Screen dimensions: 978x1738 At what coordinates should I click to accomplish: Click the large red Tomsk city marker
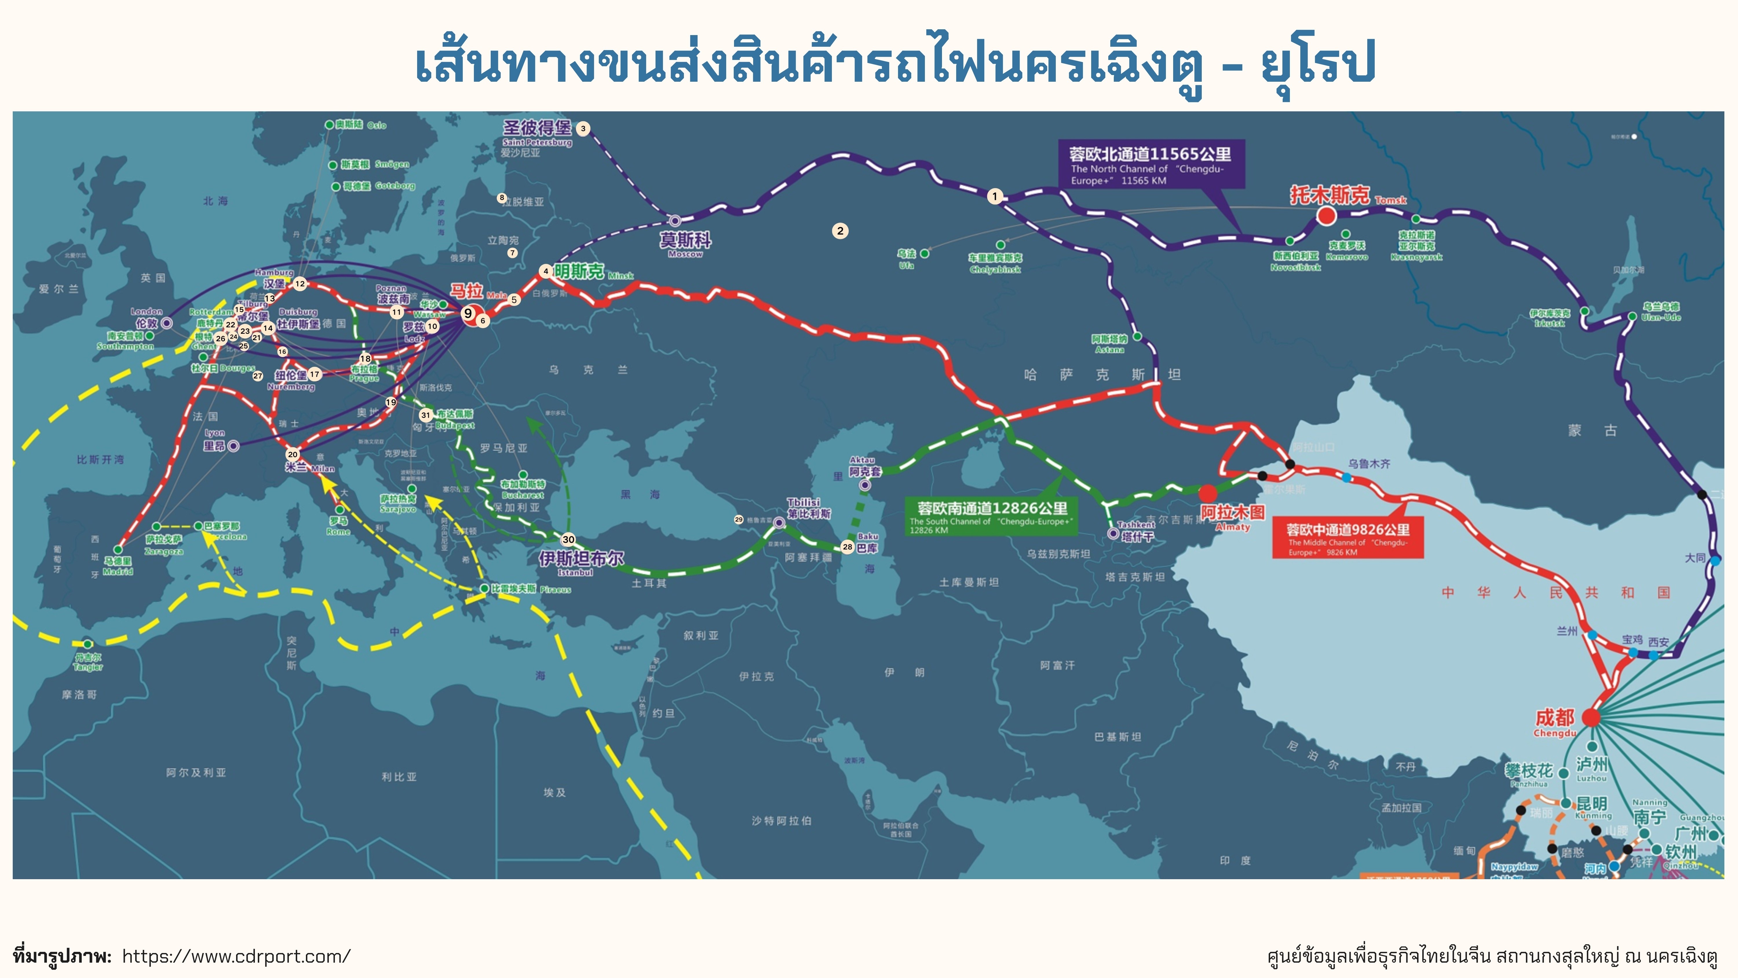[x=1326, y=216]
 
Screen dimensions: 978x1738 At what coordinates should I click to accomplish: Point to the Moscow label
[x=685, y=243]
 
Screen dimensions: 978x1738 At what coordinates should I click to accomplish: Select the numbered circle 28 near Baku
[x=847, y=547]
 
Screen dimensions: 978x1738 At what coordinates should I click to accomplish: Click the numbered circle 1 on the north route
[x=994, y=196]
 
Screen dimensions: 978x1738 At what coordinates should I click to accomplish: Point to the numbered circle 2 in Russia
[x=840, y=231]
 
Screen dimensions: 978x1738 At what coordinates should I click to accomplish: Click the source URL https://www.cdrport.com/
[x=236, y=956]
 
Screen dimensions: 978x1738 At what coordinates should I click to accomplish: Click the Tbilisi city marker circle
[x=779, y=522]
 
